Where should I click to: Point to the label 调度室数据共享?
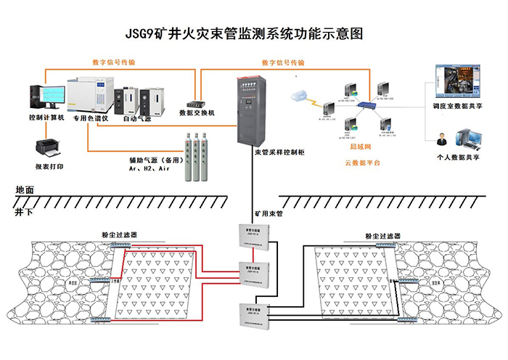coord(455,106)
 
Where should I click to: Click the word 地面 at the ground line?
coord(25,189)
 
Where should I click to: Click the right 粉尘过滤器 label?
coord(383,236)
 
